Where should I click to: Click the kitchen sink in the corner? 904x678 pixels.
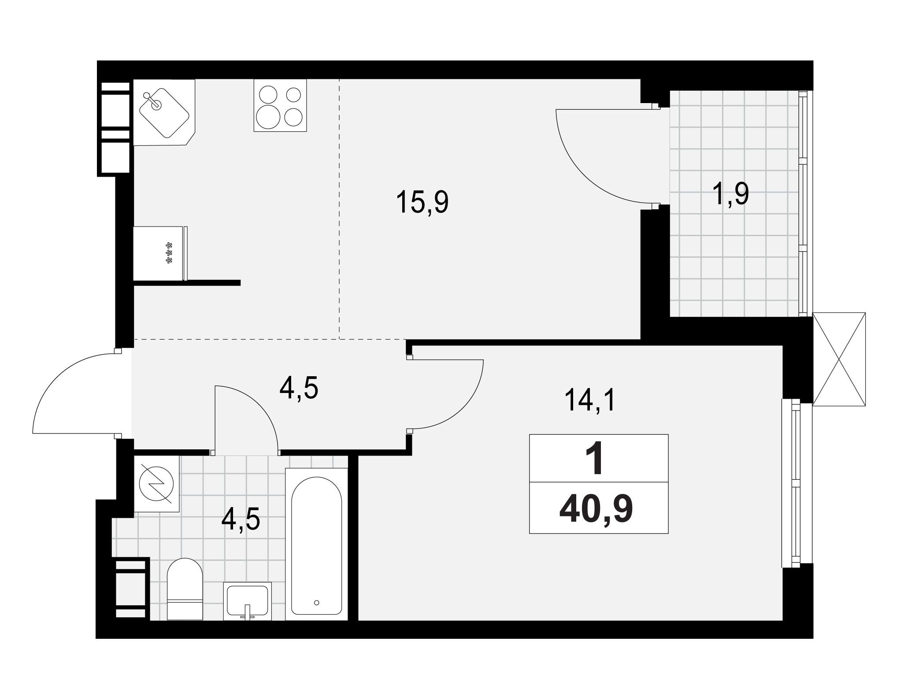point(164,112)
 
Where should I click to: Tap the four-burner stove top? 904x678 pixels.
point(280,105)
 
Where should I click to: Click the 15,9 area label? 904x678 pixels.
point(422,202)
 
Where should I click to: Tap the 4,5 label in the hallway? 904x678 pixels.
point(299,388)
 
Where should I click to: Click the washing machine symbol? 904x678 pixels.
point(156,484)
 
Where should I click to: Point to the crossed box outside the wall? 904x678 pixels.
point(838,359)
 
